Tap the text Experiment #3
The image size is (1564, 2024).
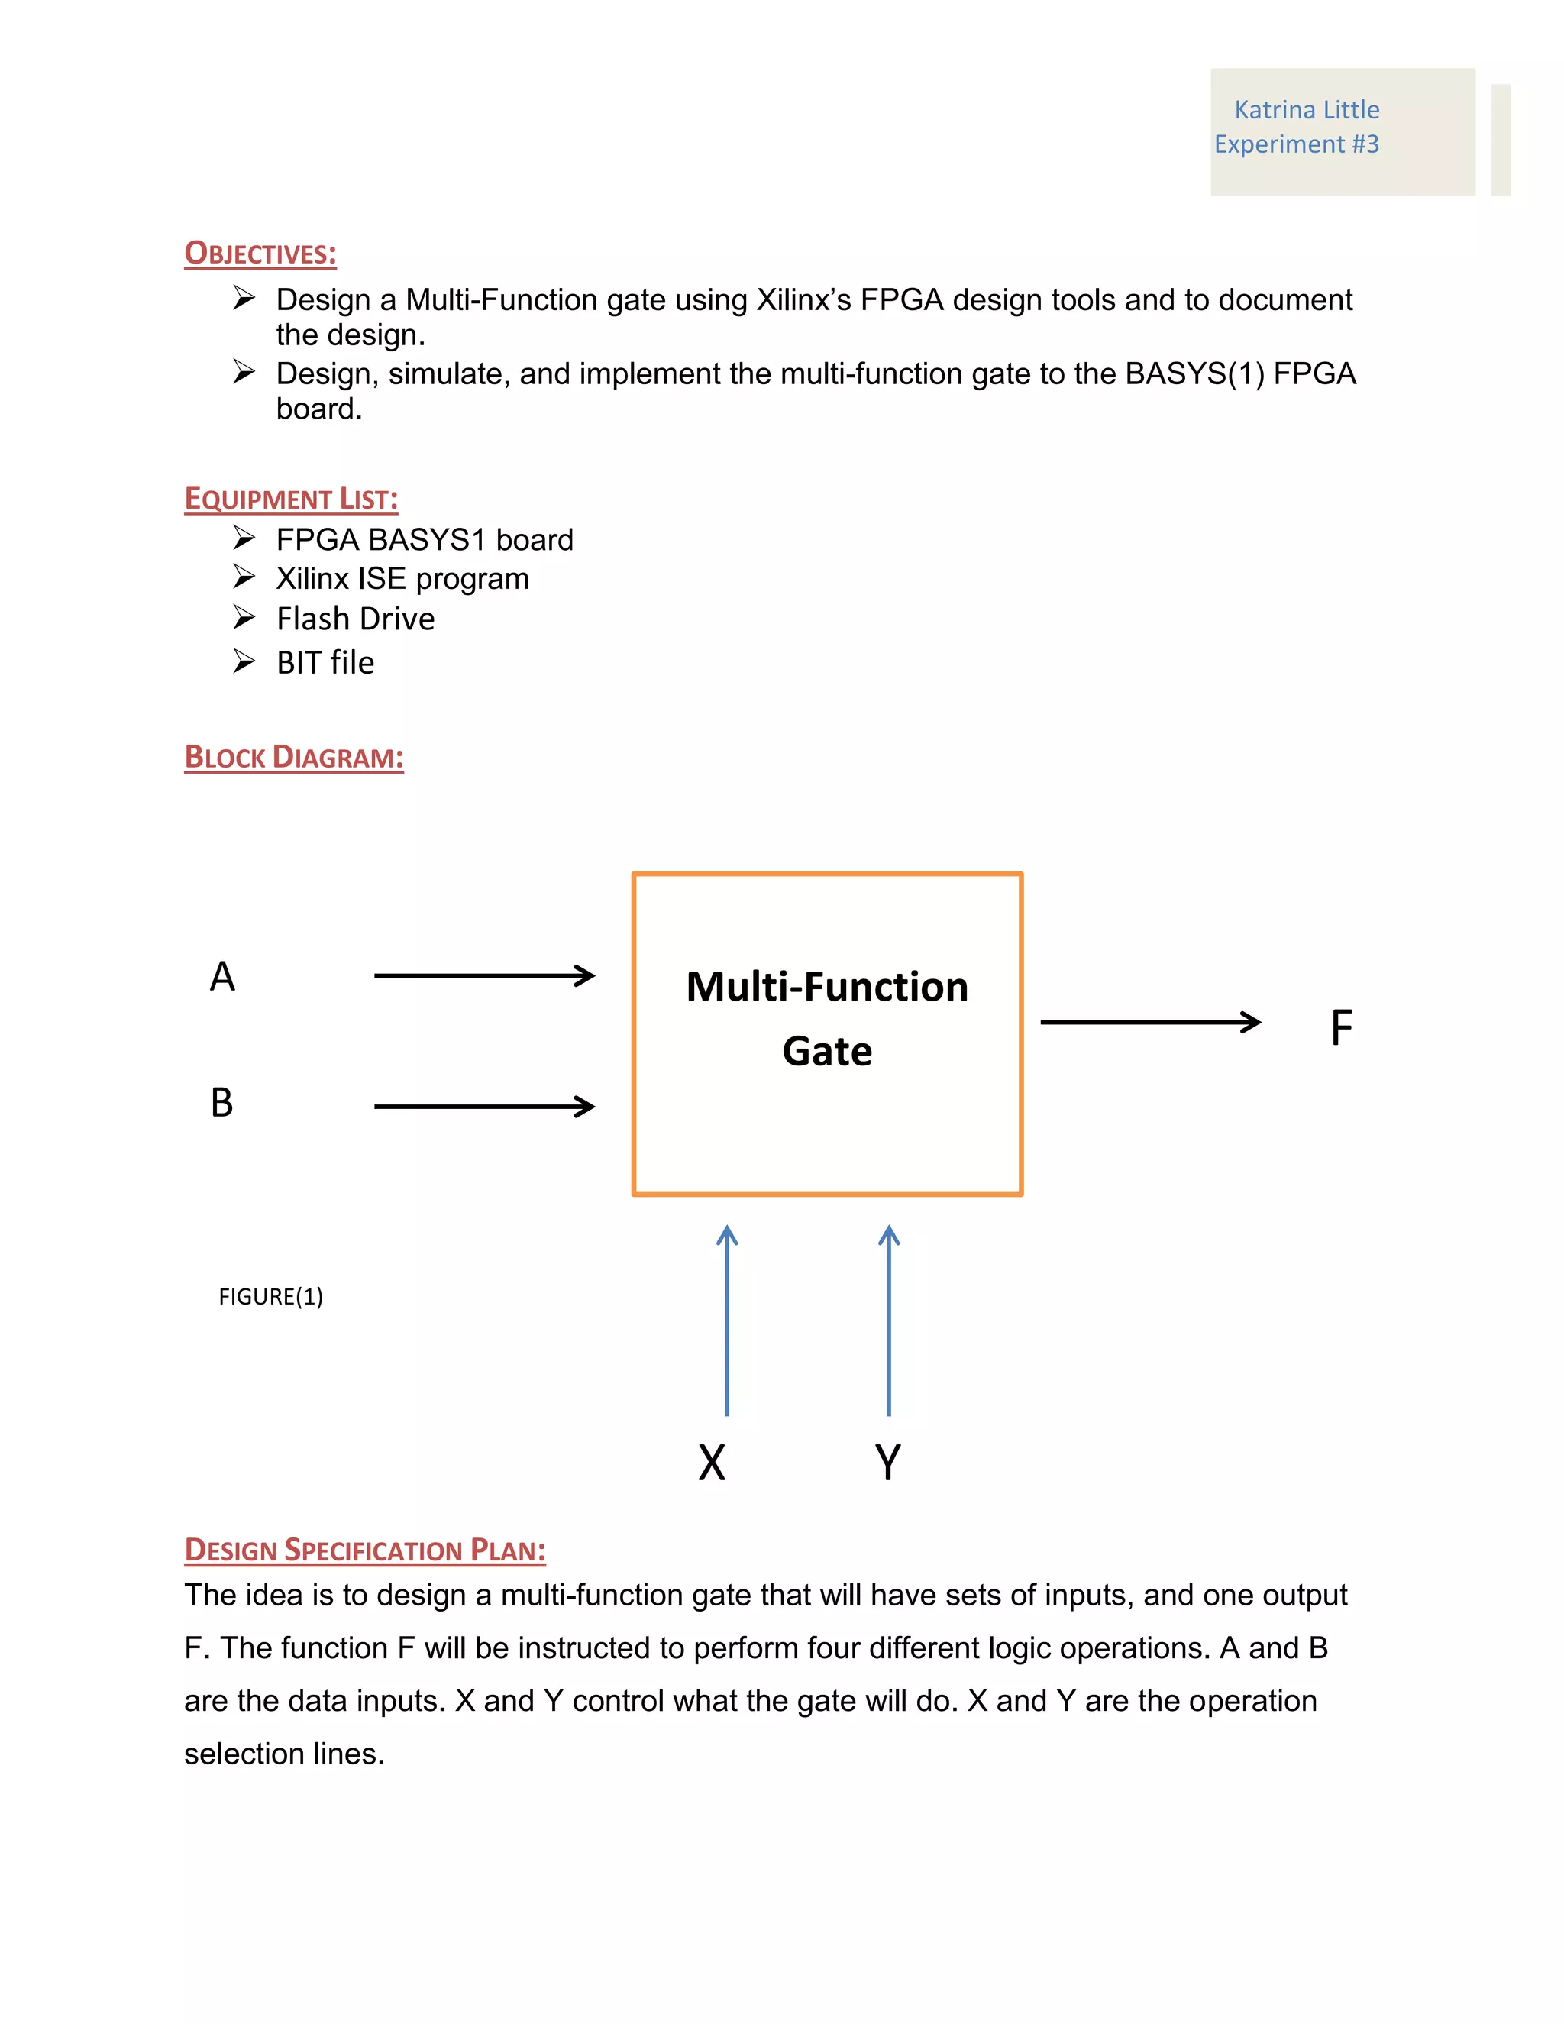1295,144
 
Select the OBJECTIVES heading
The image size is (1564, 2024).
260,253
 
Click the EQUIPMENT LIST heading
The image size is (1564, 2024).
291,498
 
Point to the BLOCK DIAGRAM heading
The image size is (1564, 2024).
294,757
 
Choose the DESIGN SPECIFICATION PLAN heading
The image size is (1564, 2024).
365,1550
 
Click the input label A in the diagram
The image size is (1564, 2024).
222,976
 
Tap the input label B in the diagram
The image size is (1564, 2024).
221,1102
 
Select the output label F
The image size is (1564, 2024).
1341,1028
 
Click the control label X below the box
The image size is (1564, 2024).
712,1463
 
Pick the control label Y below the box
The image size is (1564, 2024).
887,1463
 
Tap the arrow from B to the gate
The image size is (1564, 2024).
483,1106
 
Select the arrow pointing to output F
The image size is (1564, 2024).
1150,1021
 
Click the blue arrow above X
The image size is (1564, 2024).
727,1321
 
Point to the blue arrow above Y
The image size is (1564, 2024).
889,1321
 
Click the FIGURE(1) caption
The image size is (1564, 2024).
270,1297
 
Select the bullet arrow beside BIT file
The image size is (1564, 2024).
244,661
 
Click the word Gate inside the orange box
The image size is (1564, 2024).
826,1051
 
